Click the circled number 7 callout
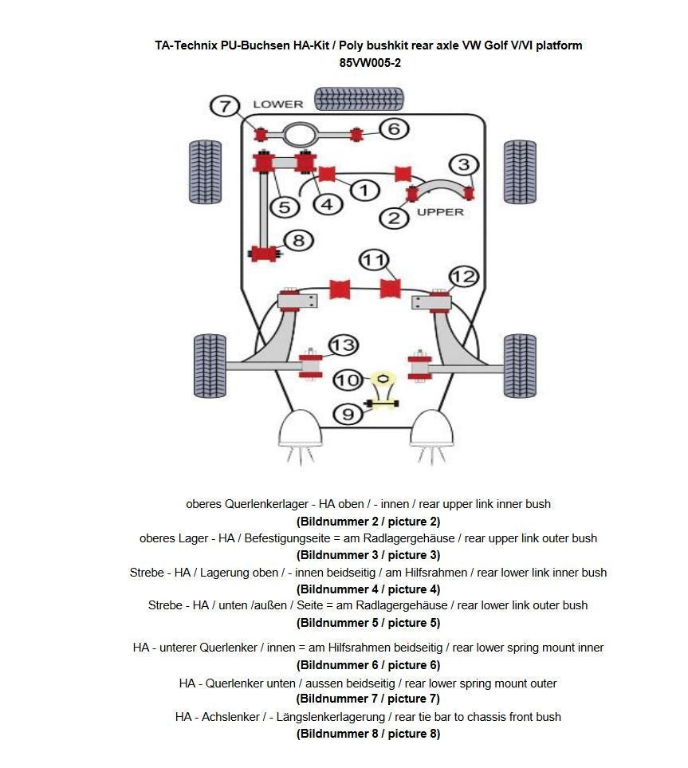pyautogui.click(x=225, y=106)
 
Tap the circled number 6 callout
pyautogui.click(x=394, y=128)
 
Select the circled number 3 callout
pyautogui.click(x=464, y=165)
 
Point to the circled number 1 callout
pyautogui.click(x=364, y=190)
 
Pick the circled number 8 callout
pyautogui.click(x=298, y=240)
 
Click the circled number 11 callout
pyautogui.click(x=374, y=260)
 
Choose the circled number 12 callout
pyautogui.click(x=463, y=277)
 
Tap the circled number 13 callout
pyautogui.click(x=343, y=345)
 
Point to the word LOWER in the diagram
pyautogui.click(x=278, y=104)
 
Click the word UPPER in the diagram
pyautogui.click(x=440, y=212)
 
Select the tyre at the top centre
pyautogui.click(x=348, y=98)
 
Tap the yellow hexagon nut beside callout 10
pyautogui.click(x=383, y=378)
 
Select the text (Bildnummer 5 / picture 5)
pyautogui.click(x=368, y=623)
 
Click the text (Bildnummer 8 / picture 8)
pyautogui.click(x=368, y=734)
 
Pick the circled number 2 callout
pyautogui.click(x=393, y=217)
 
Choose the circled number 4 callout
pyautogui.click(x=327, y=204)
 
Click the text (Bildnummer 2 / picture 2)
pyautogui.click(x=368, y=522)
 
